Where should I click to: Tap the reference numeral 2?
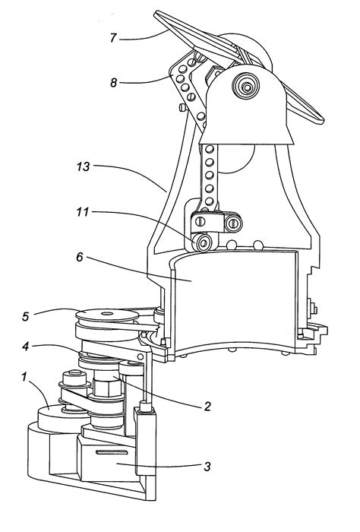206,406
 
